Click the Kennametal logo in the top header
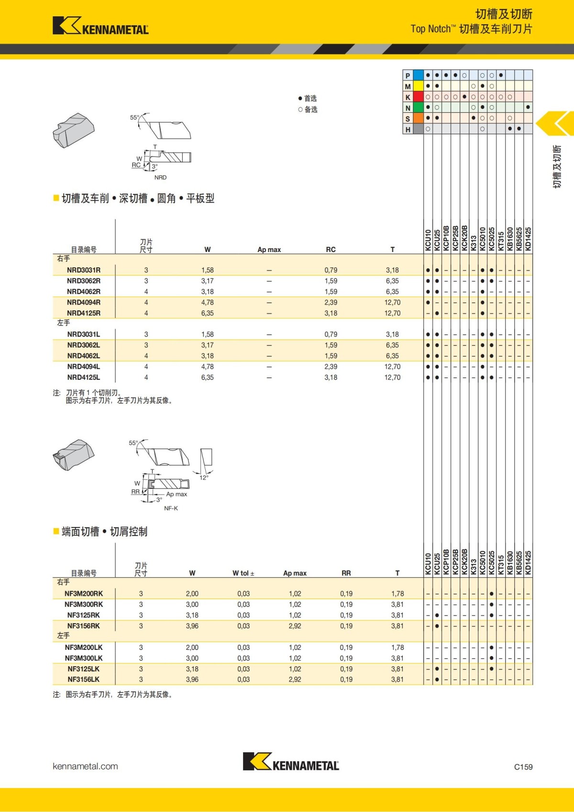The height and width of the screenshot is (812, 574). [x=100, y=26]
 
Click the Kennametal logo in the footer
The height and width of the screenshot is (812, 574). [x=291, y=762]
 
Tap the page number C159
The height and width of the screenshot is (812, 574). [x=523, y=767]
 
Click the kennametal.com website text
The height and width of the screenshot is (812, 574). [x=85, y=766]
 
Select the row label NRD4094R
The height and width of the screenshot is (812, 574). [x=84, y=302]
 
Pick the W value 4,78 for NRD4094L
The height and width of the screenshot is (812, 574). [x=207, y=367]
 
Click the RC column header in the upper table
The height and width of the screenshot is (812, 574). [x=331, y=250]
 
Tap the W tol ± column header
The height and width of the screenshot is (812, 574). [x=243, y=573]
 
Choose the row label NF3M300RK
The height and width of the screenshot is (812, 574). [x=84, y=604]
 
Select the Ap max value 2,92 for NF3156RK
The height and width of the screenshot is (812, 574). [x=295, y=626]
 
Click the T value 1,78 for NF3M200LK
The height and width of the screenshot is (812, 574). [x=397, y=647]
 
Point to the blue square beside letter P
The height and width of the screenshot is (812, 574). [x=418, y=75]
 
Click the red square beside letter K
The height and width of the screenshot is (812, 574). [x=418, y=97]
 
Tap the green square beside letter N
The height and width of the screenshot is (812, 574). [x=418, y=108]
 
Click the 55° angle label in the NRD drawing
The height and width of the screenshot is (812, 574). [x=134, y=117]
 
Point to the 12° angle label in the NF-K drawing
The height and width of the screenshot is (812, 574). [x=204, y=477]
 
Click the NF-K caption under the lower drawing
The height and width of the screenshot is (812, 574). [x=171, y=508]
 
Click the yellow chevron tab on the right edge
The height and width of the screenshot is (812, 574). [x=556, y=123]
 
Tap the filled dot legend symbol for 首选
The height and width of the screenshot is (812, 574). [x=300, y=99]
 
